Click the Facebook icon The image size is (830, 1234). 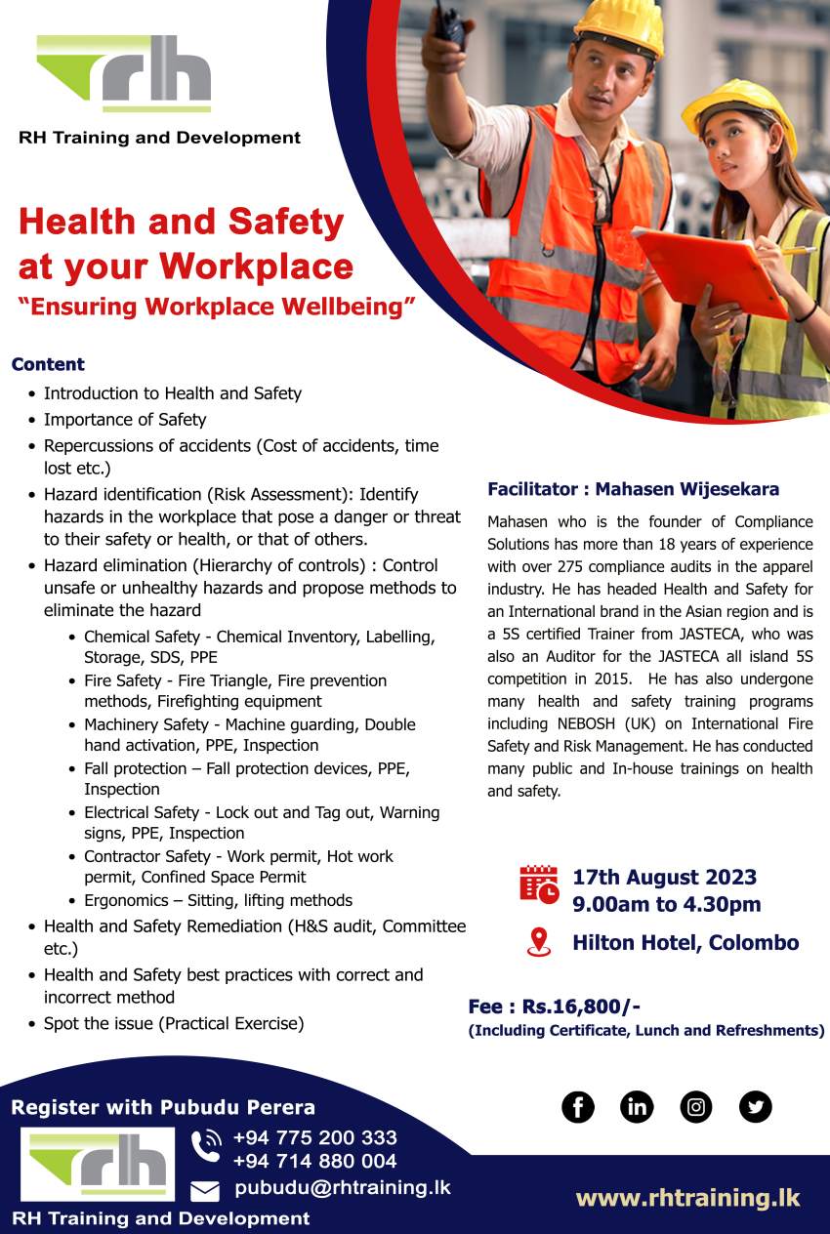pyautogui.click(x=578, y=1106)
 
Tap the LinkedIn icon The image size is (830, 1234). pyautogui.click(x=637, y=1106)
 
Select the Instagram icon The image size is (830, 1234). pyautogui.click(x=696, y=1106)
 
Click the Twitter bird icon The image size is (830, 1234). pyautogui.click(x=756, y=1106)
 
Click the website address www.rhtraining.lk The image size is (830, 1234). pyautogui.click(x=687, y=1198)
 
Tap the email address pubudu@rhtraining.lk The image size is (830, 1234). pyautogui.click(x=343, y=1188)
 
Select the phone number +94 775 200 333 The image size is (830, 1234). pyautogui.click(x=315, y=1138)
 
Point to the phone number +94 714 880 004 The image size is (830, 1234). pyautogui.click(x=315, y=1162)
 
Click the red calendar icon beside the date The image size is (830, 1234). pyautogui.click(x=539, y=884)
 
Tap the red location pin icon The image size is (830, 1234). pyautogui.click(x=538, y=942)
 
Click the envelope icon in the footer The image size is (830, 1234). pyautogui.click(x=205, y=1190)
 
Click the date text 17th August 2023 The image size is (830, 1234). pyautogui.click(x=664, y=877)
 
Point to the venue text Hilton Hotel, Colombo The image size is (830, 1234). pyautogui.click(x=685, y=943)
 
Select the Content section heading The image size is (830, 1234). pyautogui.click(x=48, y=364)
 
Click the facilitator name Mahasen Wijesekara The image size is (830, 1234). pyautogui.click(x=687, y=490)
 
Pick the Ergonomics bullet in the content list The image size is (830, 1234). pyautogui.click(x=218, y=900)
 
